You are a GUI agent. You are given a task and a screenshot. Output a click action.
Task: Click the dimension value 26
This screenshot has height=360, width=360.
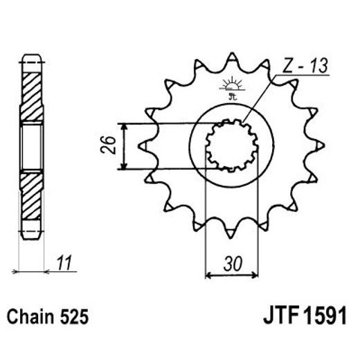coord(105,146)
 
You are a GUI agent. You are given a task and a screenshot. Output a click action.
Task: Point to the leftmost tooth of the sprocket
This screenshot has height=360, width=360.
coord(144,146)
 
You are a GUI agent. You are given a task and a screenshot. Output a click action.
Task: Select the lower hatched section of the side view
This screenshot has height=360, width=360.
coord(32,201)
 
